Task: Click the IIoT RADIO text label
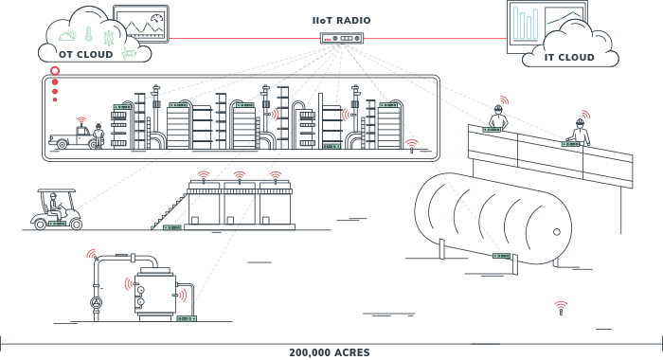point(341,20)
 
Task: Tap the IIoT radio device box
point(342,39)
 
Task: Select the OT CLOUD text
point(86,55)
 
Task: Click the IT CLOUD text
point(569,58)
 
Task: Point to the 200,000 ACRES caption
point(330,352)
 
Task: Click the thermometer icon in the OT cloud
point(88,34)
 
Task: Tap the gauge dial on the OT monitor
point(157,19)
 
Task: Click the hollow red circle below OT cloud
point(55,71)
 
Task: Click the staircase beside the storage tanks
point(170,211)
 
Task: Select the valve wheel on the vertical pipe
point(97,302)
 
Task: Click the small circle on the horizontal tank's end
point(557,232)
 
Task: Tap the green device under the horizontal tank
point(502,256)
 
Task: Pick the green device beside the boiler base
point(187,318)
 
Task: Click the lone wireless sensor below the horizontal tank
point(561,309)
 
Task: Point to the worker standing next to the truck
point(99,135)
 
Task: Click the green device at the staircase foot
point(172,227)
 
